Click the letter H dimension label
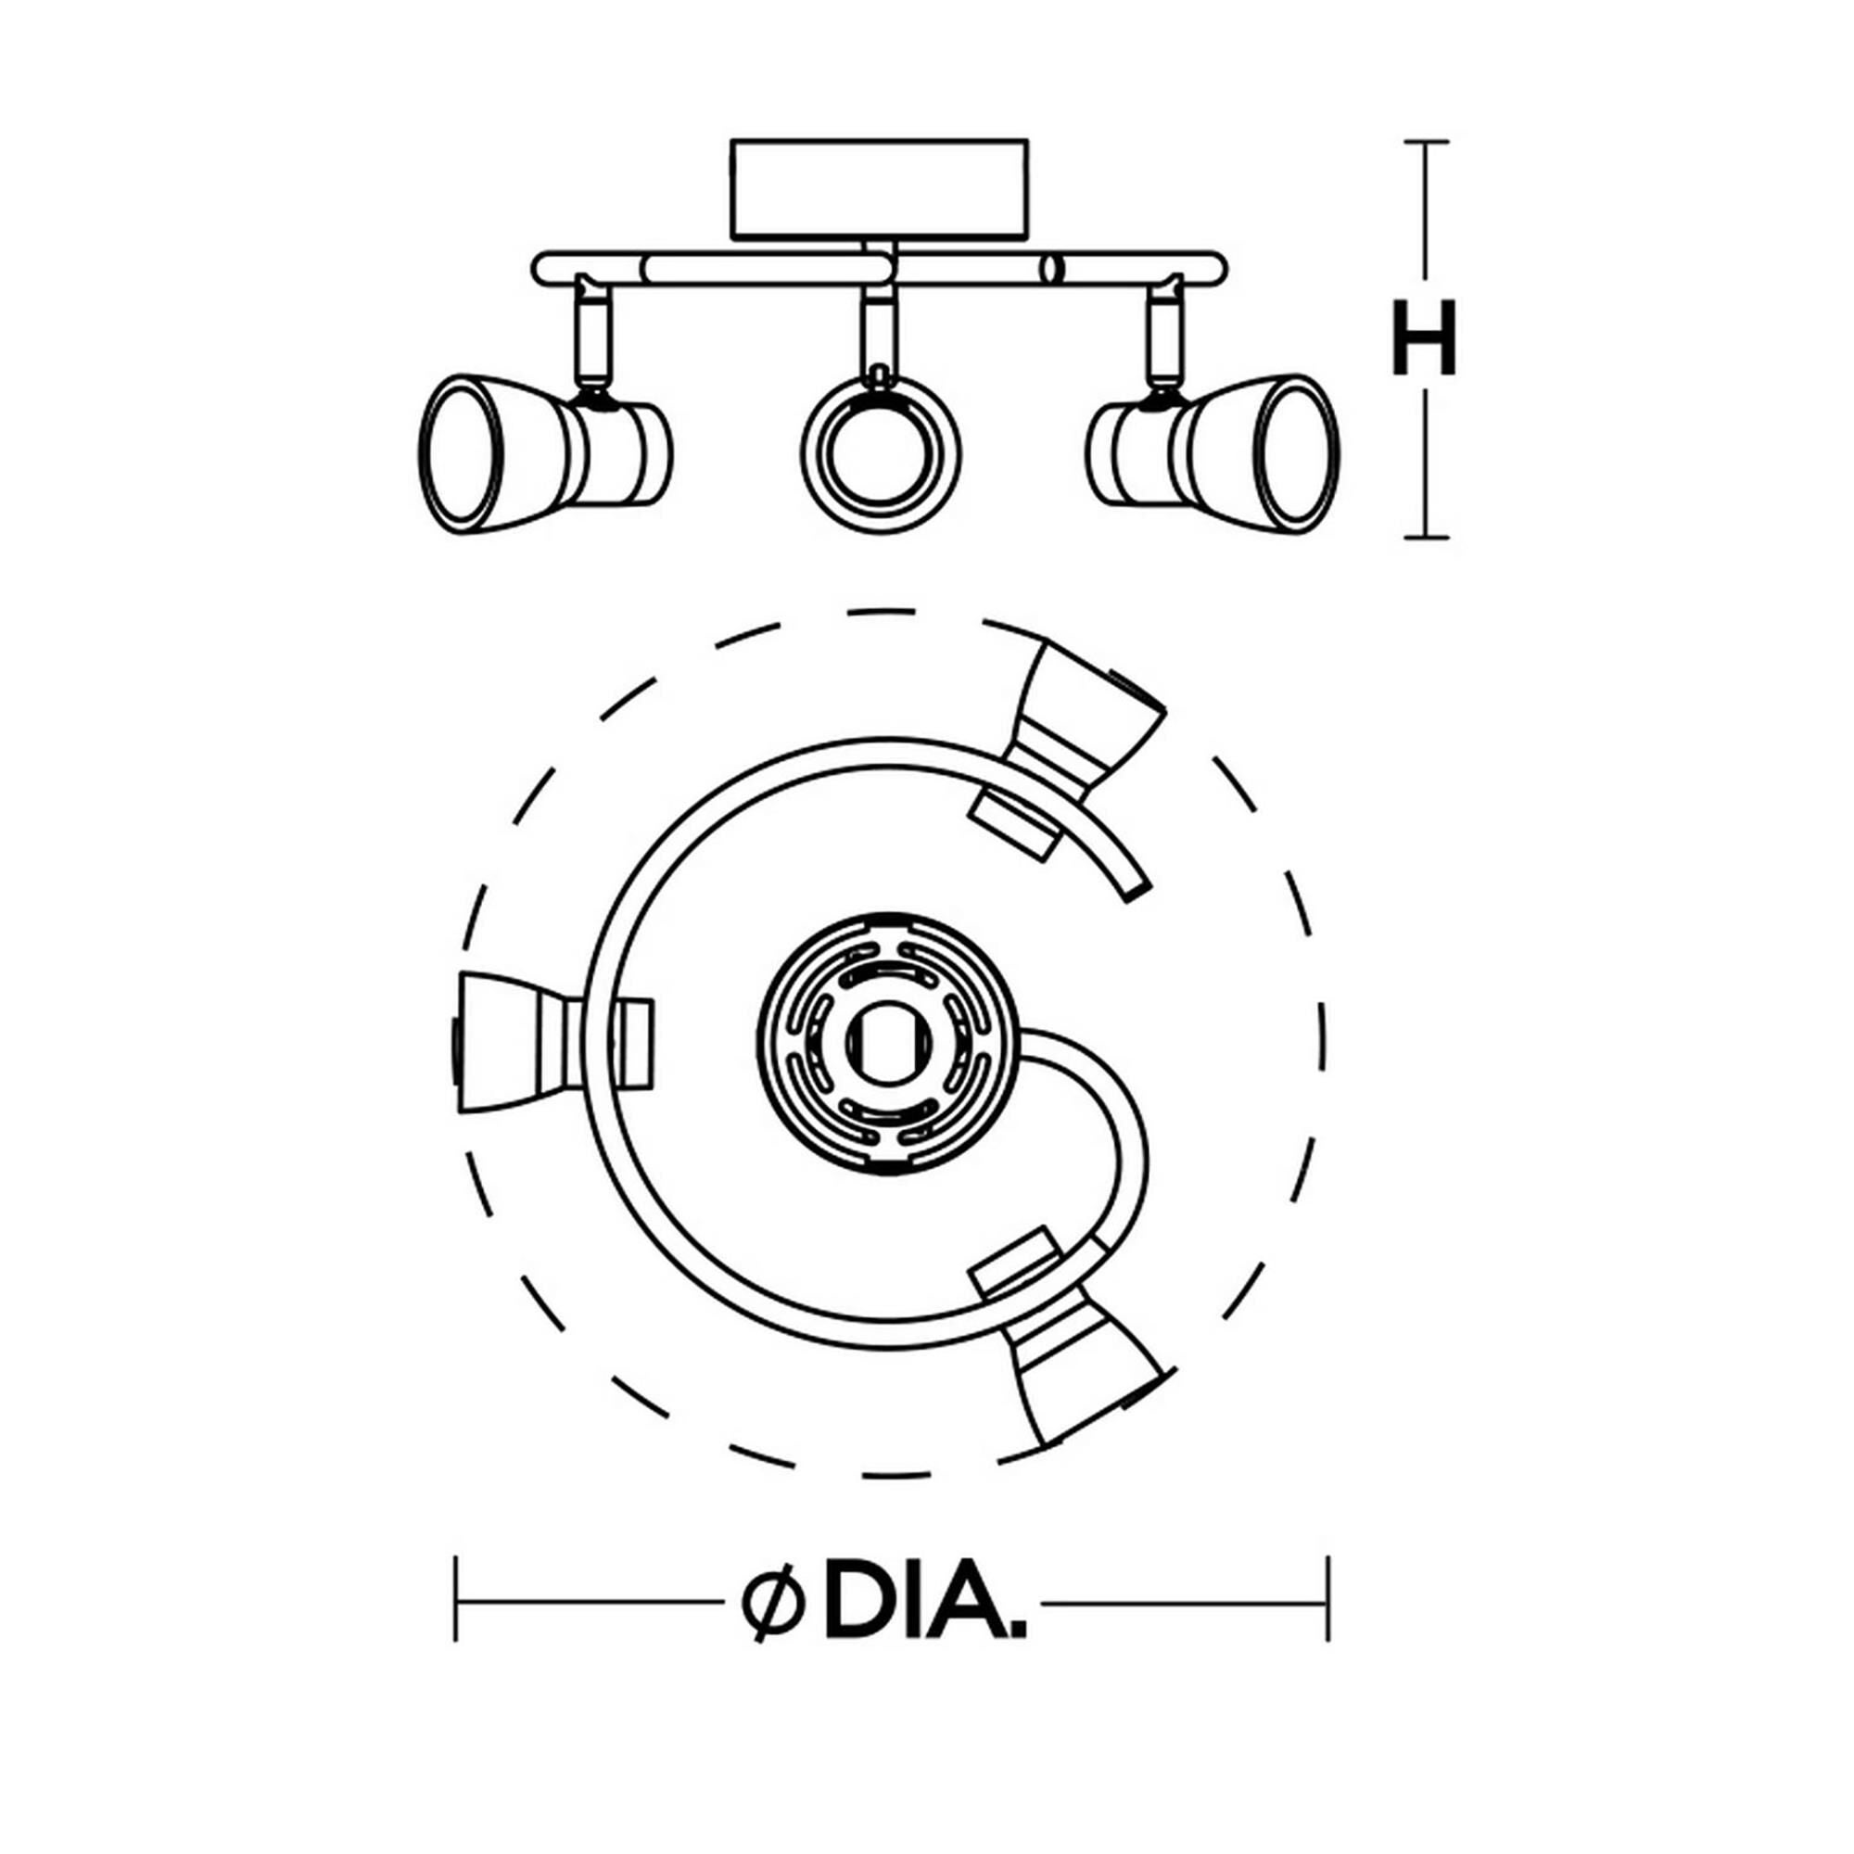click(x=1424, y=337)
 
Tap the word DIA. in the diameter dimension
click(x=924, y=1601)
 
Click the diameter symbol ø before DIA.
click(x=770, y=1602)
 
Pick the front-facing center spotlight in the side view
click(x=880, y=453)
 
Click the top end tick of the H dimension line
click(x=1426, y=142)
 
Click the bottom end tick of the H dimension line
click(x=1426, y=538)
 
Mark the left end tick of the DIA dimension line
click(x=457, y=1602)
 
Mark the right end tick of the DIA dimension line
click(x=1327, y=1602)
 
